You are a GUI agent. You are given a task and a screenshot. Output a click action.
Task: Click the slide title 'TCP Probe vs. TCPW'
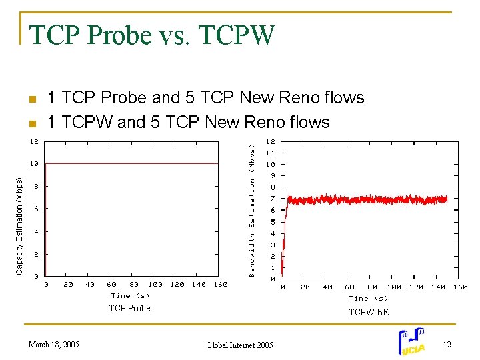click(x=151, y=35)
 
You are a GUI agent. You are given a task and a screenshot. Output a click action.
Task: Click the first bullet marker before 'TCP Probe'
click(x=31, y=100)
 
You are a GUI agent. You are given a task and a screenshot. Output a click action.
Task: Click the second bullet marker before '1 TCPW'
click(x=31, y=124)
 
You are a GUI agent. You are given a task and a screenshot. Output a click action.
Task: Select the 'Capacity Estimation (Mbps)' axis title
click(x=19, y=225)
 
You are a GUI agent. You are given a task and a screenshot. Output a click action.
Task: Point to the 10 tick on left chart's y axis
click(x=34, y=163)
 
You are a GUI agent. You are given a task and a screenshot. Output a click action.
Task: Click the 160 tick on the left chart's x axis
click(x=220, y=285)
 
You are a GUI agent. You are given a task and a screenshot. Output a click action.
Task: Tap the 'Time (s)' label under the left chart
click(x=130, y=295)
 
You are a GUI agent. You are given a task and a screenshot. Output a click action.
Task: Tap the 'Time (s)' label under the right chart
click(x=368, y=299)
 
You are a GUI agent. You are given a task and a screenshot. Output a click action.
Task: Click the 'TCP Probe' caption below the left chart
click(x=130, y=308)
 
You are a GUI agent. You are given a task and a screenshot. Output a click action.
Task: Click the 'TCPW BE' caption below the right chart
click(x=368, y=312)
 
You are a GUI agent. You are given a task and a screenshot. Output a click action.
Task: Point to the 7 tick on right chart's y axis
click(x=272, y=199)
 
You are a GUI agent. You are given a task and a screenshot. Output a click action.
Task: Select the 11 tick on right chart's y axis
click(x=271, y=153)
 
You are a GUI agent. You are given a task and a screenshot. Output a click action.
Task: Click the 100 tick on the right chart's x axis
click(x=394, y=287)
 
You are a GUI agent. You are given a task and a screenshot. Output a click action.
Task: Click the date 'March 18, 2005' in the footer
click(x=53, y=345)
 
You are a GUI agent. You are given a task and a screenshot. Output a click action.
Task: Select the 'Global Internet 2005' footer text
click(x=239, y=345)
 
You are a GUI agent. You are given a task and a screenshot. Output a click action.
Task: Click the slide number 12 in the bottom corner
click(x=447, y=344)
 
